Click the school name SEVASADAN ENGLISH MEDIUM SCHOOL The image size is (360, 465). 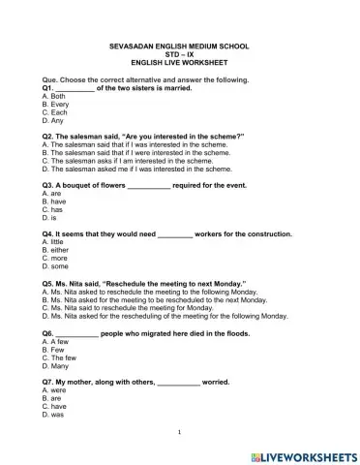point(180,47)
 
